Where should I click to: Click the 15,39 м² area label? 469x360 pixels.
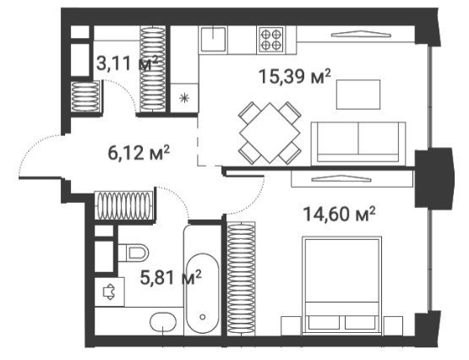(x=295, y=77)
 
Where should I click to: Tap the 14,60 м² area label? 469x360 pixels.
(x=339, y=214)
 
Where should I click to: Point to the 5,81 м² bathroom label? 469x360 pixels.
(x=171, y=278)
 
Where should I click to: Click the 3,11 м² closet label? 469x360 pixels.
(x=127, y=63)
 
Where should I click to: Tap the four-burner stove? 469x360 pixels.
(x=271, y=40)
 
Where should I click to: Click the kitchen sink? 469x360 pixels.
(x=213, y=40)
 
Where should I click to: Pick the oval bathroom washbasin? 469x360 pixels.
(x=163, y=322)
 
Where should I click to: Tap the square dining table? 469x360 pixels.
(x=270, y=133)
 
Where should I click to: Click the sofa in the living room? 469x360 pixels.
(x=358, y=143)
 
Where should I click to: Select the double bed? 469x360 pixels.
(x=342, y=286)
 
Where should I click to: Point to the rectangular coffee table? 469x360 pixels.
(x=358, y=95)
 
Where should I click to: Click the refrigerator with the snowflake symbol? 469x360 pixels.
(x=184, y=98)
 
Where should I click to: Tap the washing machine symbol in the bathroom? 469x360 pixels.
(x=109, y=292)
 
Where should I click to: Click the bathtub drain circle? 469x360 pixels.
(x=203, y=317)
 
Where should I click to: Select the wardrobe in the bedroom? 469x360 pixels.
(x=241, y=278)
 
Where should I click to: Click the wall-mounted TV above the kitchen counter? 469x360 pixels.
(x=361, y=34)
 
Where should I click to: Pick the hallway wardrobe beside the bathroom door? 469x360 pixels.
(x=124, y=205)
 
